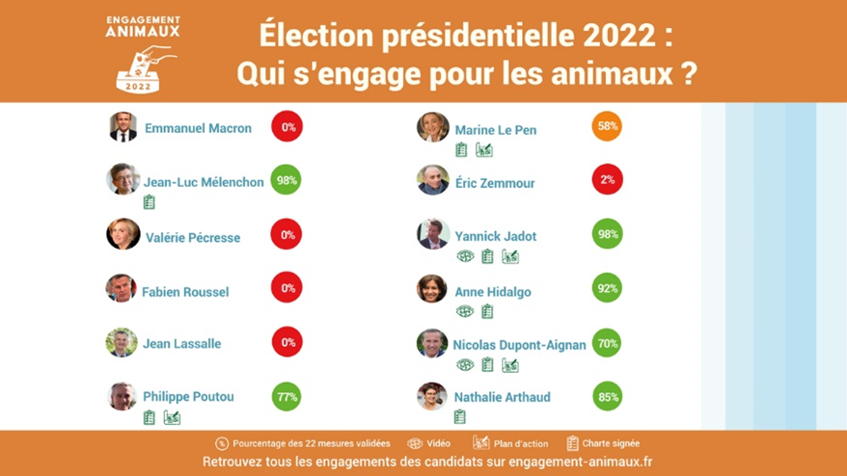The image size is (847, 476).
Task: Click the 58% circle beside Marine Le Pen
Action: coord(607,126)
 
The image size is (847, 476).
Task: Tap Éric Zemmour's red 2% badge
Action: coord(607,180)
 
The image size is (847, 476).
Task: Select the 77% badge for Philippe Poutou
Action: coord(287,397)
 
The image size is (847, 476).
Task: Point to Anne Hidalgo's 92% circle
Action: coord(607,288)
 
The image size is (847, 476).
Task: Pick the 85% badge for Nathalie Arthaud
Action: coord(608,397)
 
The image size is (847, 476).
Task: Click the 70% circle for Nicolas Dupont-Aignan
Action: coord(607,343)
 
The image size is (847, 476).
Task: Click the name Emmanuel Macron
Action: coord(199,128)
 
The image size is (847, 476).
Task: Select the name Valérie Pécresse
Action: coord(193,237)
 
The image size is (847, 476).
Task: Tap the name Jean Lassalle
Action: coord(182,344)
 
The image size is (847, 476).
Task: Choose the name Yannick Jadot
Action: coord(495,236)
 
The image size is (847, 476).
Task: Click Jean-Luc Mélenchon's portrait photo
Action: coord(123,178)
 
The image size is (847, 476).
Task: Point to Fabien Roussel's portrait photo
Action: coord(122,288)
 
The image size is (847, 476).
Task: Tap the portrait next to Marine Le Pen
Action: coord(433,127)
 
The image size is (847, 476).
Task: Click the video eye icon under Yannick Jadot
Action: coord(465,256)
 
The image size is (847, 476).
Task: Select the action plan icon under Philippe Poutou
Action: coord(173,417)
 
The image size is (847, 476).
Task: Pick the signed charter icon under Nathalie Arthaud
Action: coord(460,416)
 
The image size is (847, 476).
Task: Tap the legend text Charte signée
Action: coord(611,443)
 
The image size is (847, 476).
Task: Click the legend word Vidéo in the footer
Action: coord(438,443)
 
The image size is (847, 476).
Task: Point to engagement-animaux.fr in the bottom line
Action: coord(580,462)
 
